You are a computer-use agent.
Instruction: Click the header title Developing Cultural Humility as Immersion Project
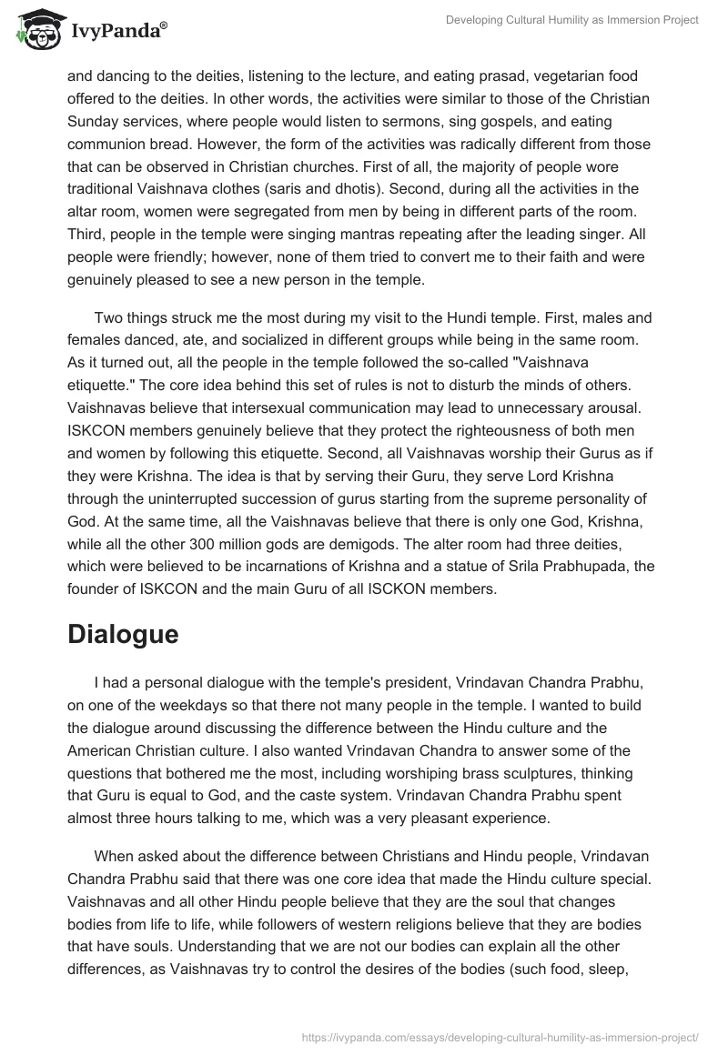(572, 20)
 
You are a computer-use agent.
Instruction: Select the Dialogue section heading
(123, 634)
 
